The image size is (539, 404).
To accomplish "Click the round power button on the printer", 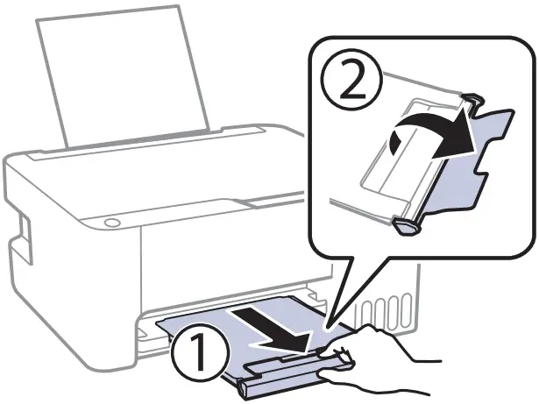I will click(111, 223).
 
